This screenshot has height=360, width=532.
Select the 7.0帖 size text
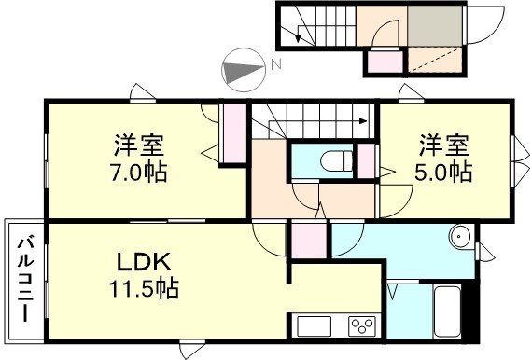tap(141, 173)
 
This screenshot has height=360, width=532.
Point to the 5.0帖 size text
tap(443, 173)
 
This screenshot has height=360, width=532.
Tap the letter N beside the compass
tap(275, 65)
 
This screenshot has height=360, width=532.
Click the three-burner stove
tap(361, 326)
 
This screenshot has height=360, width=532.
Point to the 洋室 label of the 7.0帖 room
tap(140, 146)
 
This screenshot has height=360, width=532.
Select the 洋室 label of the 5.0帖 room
tap(443, 146)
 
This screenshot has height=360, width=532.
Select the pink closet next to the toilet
tap(367, 161)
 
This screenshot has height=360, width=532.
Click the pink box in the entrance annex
tap(383, 62)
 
